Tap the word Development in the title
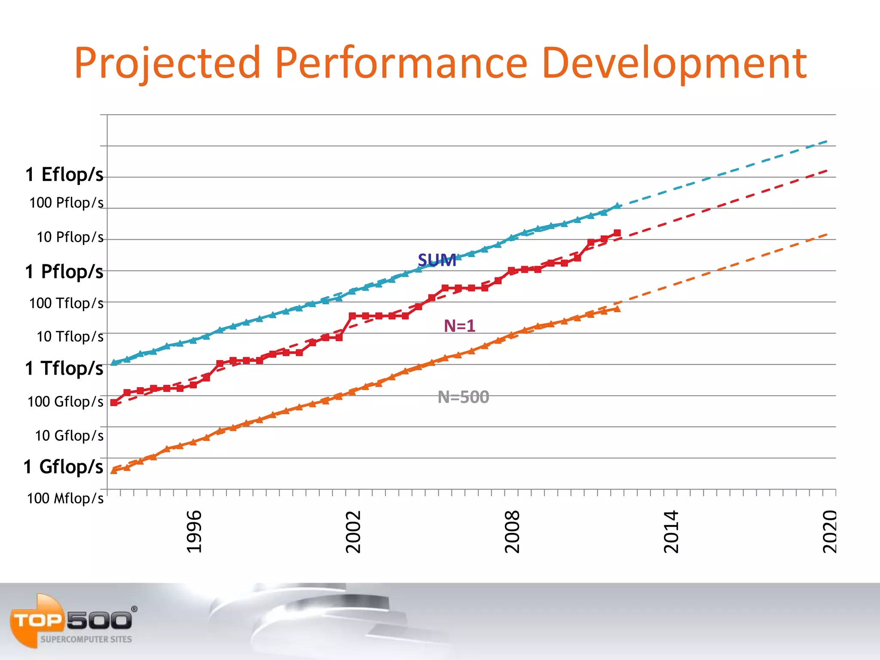pyautogui.click(x=674, y=64)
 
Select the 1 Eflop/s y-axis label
pyautogui.click(x=64, y=174)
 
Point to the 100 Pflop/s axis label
pyautogui.click(x=66, y=202)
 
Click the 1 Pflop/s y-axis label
pyautogui.click(x=64, y=272)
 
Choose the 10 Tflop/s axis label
pyautogui.click(x=70, y=336)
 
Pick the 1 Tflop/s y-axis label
pyautogui.click(x=64, y=368)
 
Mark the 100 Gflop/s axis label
pyautogui.click(x=65, y=401)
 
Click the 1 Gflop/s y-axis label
pyautogui.click(x=64, y=467)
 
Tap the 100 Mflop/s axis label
pyautogui.click(x=65, y=498)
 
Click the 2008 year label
pyautogui.click(x=512, y=532)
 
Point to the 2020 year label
pyautogui.click(x=830, y=532)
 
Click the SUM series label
pyautogui.click(x=437, y=260)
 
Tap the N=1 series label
pyautogui.click(x=459, y=326)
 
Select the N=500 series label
pyautogui.click(x=463, y=397)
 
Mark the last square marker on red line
pyautogui.click(x=617, y=233)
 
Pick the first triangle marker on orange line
pyautogui.click(x=114, y=471)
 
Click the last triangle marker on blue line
pyautogui.click(x=617, y=206)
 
